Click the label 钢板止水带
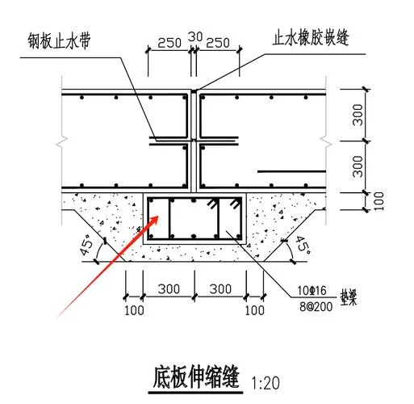coord(59,41)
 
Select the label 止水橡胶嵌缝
coord(311,38)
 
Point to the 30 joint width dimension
coord(195,37)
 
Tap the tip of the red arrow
coord(158,216)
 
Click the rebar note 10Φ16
coord(312,291)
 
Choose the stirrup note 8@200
coord(316,306)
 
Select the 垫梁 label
coord(349,297)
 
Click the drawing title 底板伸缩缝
coord(196,377)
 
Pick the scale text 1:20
coord(266,383)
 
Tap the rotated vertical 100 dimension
coord(378,201)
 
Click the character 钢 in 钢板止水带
coord(34,41)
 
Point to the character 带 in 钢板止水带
coord(85,41)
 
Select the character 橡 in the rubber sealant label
coord(303,38)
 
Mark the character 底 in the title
coord(161,377)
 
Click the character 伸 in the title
coord(196,377)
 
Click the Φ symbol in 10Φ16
coord(312,291)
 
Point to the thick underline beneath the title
coord(195,393)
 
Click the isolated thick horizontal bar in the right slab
coord(291,171)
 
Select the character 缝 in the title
coord(230,377)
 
